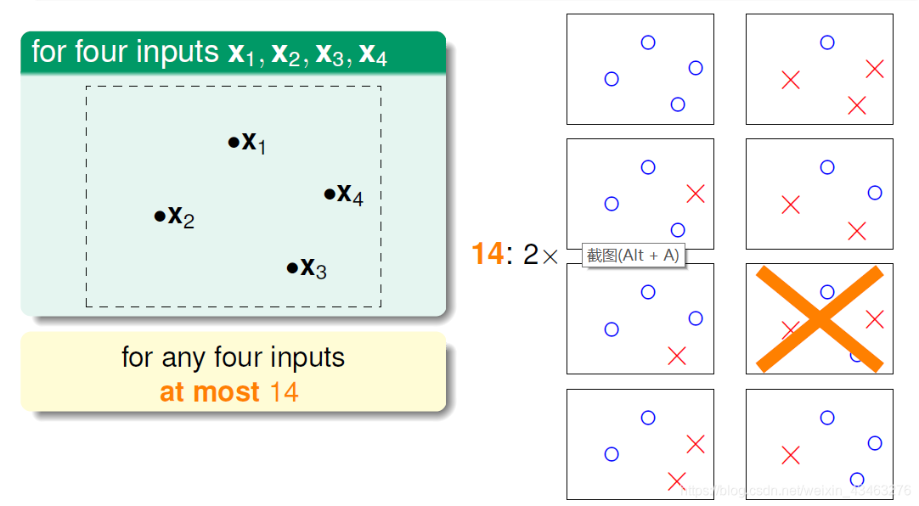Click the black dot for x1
click(x=234, y=143)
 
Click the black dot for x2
click(x=160, y=216)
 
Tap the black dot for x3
click(x=292, y=268)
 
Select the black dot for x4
click(x=330, y=194)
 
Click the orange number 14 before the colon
click(x=488, y=254)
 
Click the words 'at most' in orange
click(x=210, y=392)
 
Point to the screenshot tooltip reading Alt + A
click(x=634, y=255)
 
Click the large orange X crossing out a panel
click(x=819, y=318)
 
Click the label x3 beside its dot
click(x=313, y=268)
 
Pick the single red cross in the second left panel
click(x=696, y=194)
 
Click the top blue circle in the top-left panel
click(x=648, y=42)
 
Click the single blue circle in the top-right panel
click(x=827, y=42)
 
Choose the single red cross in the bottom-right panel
click(x=791, y=456)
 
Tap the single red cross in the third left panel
click(x=677, y=356)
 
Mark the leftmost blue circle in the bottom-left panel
click(x=612, y=454)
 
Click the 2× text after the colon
click(x=541, y=254)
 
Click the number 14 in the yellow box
click(x=285, y=392)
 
